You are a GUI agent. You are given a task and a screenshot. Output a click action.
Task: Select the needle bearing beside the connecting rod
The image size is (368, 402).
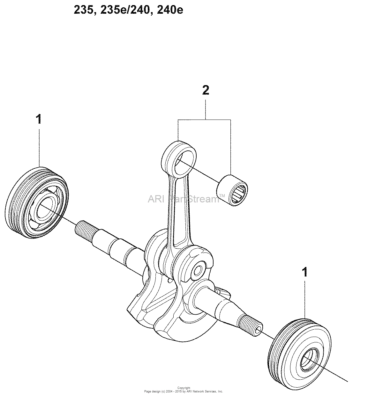pos(232,190)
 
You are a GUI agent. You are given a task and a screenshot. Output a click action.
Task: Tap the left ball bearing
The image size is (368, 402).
pos(37,202)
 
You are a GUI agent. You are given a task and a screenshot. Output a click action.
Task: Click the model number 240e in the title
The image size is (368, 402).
pos(170,10)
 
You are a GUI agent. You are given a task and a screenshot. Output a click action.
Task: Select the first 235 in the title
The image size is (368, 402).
pos(84,10)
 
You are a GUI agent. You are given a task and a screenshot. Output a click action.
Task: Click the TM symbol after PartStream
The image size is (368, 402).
pos(222,195)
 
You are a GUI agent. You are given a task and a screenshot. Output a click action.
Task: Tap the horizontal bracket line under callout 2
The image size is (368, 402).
pos(204,120)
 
